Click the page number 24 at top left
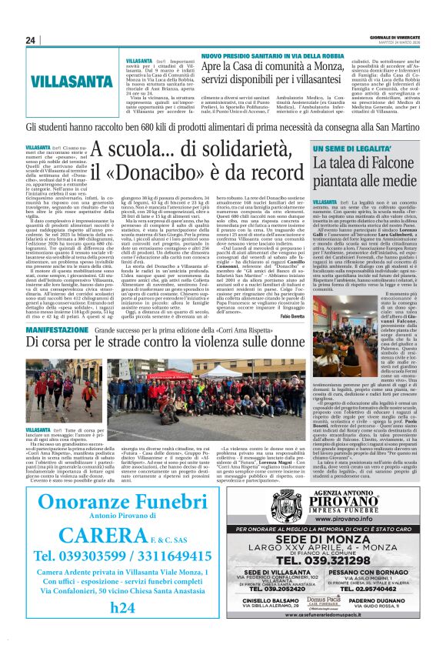point(30,40)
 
